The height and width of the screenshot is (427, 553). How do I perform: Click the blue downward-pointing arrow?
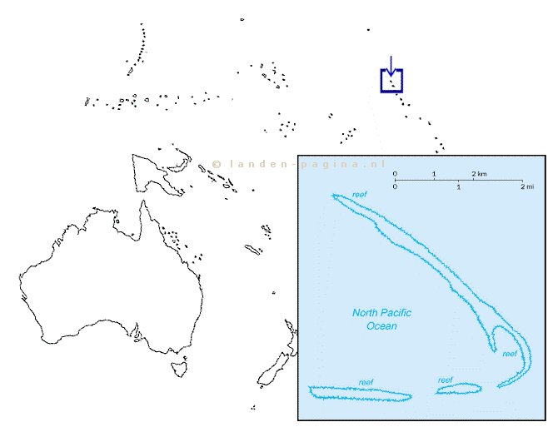click(391, 66)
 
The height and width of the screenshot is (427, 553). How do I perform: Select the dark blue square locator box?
click(381, 81)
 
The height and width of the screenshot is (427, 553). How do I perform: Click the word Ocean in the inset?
click(381, 325)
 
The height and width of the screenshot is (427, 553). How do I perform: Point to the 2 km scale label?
click(479, 174)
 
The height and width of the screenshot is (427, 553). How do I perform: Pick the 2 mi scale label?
click(527, 186)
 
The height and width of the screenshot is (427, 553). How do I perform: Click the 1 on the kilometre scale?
click(434, 174)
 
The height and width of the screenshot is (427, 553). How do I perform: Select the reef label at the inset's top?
click(360, 194)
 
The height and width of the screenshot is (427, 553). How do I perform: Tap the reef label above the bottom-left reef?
click(366, 382)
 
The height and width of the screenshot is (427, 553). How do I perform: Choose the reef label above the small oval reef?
click(445, 380)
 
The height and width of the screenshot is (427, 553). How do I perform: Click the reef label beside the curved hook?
click(510, 354)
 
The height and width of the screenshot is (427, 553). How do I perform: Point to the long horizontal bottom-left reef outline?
click(360, 388)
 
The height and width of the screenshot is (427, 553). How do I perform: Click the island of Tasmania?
click(179, 368)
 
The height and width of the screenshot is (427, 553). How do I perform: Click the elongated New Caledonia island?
click(252, 249)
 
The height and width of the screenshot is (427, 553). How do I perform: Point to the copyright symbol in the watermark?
click(217, 164)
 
